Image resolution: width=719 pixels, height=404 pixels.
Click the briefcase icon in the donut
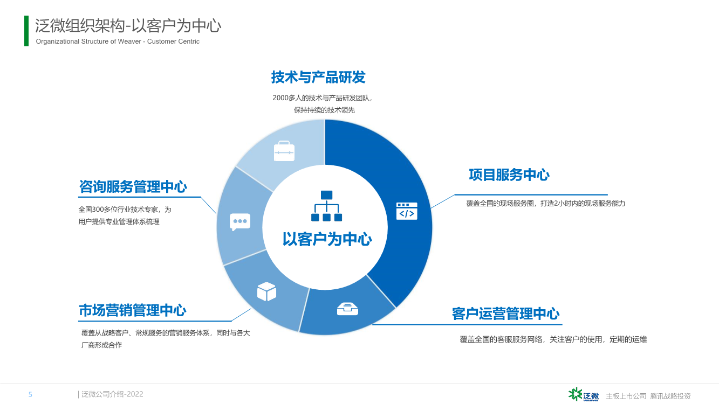point(284,151)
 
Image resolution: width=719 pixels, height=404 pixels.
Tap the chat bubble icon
point(240,222)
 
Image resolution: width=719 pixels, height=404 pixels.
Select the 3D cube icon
point(266,291)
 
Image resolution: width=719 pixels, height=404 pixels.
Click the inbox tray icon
point(347,309)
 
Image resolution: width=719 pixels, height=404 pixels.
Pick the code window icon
point(407,211)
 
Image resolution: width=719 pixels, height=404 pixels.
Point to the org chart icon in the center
point(326,206)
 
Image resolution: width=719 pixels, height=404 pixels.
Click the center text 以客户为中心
point(327,239)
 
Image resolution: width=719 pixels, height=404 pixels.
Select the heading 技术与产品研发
point(318,77)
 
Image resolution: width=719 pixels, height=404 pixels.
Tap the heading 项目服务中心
point(509,175)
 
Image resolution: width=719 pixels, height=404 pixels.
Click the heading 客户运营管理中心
point(505,314)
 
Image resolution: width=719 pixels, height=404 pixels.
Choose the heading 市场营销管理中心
point(133,310)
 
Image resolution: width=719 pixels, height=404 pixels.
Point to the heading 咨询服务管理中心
point(133,186)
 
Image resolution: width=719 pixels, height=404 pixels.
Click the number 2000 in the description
point(280,98)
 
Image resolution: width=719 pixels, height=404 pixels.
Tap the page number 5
point(30,394)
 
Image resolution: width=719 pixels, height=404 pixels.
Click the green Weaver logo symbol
point(575,394)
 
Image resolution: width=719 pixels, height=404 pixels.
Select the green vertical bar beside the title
point(26,31)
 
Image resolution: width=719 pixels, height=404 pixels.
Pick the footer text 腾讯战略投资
point(670,396)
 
